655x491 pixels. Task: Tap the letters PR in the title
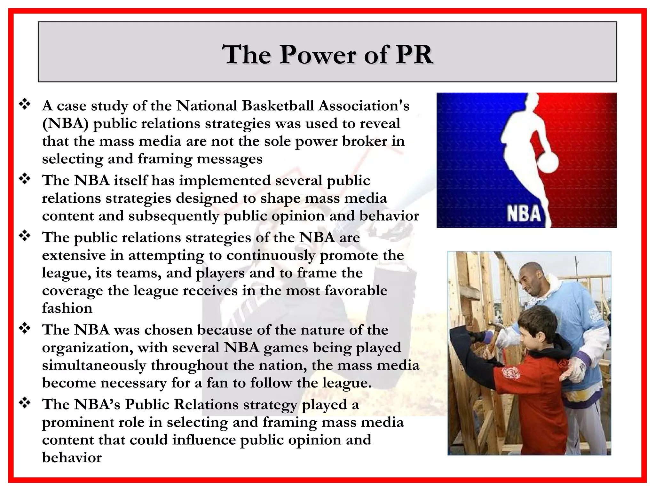(x=414, y=55)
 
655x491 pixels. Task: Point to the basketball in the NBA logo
(x=548, y=162)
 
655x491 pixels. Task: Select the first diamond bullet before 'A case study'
(x=25, y=104)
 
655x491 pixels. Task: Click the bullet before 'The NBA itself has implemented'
(x=25, y=179)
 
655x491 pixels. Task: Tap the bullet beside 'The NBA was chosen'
(x=25, y=328)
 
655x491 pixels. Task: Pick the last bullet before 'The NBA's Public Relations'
(x=25, y=403)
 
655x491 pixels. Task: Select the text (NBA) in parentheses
(x=65, y=124)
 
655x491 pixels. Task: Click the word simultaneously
(x=94, y=365)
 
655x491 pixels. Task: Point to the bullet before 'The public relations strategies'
(x=25, y=236)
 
